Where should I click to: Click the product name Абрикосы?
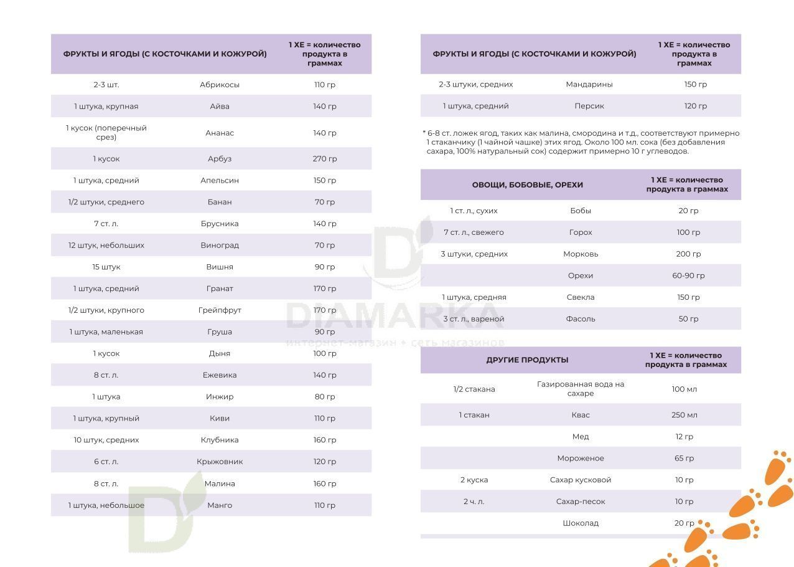(x=220, y=85)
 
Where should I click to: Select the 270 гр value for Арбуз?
(x=325, y=159)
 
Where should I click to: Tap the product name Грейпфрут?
(x=220, y=310)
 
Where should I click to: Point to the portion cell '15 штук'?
(x=106, y=267)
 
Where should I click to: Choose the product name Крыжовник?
(x=220, y=462)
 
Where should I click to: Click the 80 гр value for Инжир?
(x=325, y=397)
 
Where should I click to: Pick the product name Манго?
(x=220, y=505)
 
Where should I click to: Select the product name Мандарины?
(x=589, y=84)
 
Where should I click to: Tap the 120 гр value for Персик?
(x=695, y=106)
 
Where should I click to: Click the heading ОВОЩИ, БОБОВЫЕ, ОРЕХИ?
(x=527, y=184)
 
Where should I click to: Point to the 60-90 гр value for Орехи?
(x=688, y=275)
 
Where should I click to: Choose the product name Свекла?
(x=581, y=297)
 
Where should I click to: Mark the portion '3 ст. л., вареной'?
(x=474, y=319)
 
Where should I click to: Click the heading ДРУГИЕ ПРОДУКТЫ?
(x=527, y=360)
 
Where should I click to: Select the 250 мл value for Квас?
(x=684, y=415)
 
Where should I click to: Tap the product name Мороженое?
(x=581, y=459)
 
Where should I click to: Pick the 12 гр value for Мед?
(x=684, y=437)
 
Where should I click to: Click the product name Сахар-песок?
(x=581, y=502)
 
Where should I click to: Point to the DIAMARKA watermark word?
(x=395, y=316)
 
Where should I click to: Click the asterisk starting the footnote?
(x=424, y=133)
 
